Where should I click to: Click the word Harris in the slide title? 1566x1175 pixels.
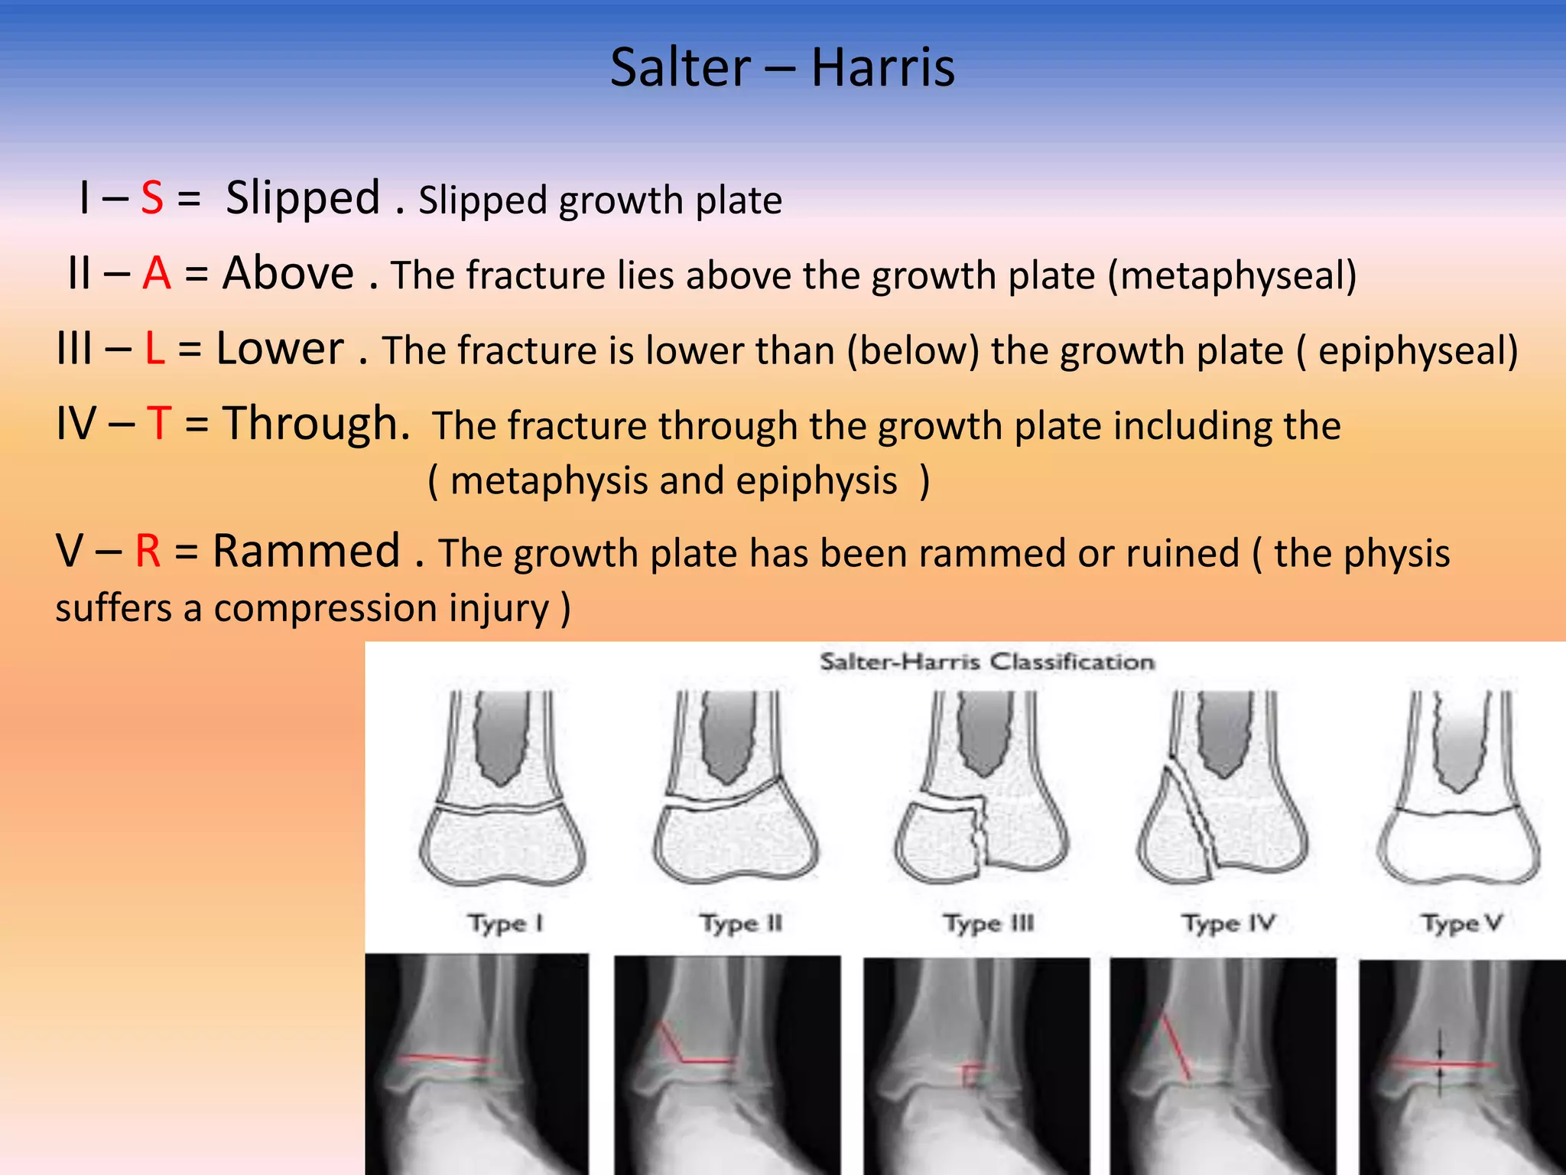click(882, 67)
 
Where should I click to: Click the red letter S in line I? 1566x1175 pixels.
click(152, 198)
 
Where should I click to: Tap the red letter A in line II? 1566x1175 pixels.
click(157, 273)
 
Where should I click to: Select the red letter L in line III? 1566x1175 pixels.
click(155, 349)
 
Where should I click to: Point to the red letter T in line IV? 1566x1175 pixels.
click(159, 423)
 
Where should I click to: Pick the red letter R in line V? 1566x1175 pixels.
click(148, 551)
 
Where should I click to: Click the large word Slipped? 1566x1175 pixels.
click(303, 198)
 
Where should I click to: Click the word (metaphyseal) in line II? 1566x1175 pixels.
click(1232, 275)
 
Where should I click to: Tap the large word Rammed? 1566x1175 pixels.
click(306, 551)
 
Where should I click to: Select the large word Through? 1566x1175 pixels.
click(316, 423)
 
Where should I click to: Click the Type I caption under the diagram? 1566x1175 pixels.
click(505, 923)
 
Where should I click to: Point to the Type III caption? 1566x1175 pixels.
click(988, 923)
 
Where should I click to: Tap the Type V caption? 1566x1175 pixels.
click(1461, 923)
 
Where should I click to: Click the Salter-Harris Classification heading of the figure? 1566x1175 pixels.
click(986, 662)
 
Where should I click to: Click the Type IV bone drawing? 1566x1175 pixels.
click(1222, 788)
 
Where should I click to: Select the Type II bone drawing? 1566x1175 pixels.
click(736, 788)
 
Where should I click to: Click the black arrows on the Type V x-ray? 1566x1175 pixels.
click(1440, 1063)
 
